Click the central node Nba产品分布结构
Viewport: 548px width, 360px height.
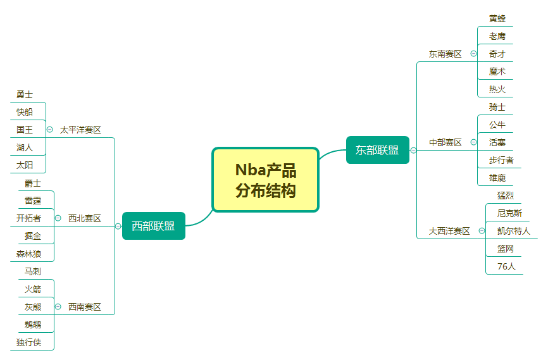pos(265,180)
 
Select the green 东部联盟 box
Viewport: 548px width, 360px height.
pos(377,150)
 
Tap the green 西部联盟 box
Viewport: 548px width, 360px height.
pos(153,226)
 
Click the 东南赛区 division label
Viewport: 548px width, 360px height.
pos(445,54)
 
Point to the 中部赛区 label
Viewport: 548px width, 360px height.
pos(445,142)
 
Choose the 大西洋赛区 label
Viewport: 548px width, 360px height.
pos(449,231)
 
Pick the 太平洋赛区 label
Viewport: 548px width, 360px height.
pos(80,130)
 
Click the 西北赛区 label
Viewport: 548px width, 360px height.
pos(85,218)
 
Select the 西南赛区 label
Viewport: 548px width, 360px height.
pos(85,307)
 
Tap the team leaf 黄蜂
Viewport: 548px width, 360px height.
pos(497,18)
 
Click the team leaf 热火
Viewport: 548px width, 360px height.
pos(497,89)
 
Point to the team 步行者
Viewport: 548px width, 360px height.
pos(501,160)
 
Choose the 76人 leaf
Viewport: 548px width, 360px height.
pos(506,266)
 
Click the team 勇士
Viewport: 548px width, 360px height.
pos(25,94)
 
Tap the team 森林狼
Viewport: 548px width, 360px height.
pos(28,254)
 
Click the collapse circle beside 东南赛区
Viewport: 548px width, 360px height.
pos(474,54)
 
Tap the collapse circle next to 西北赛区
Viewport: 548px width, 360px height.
pos(58,218)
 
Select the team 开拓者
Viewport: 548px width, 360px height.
pos(28,218)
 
